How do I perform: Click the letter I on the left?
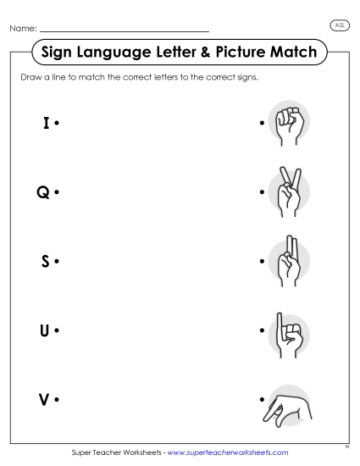point(46,124)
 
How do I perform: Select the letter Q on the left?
point(43,192)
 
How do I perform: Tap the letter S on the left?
point(45,260)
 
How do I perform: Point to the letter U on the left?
point(44,330)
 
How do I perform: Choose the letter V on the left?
point(44,398)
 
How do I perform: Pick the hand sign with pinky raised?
point(287,329)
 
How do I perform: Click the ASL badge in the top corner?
point(339,25)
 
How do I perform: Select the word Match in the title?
point(291,53)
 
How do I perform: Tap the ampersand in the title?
point(196,53)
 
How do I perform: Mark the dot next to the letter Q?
point(56,193)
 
